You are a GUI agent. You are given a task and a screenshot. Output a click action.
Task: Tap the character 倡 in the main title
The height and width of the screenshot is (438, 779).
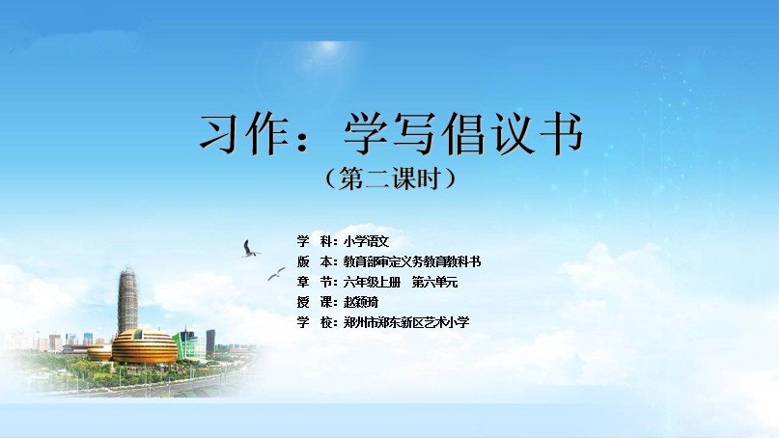464,134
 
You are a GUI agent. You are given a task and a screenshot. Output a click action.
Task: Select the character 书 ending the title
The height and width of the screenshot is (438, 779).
562,133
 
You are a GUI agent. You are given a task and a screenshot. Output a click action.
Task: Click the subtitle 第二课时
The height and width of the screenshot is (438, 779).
391,178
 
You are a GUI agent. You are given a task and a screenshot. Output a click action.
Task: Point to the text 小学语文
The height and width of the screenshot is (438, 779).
366,242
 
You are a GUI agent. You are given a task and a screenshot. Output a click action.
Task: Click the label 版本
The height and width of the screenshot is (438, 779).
315,261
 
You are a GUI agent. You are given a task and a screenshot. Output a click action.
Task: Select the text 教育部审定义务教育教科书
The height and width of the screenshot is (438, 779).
412,261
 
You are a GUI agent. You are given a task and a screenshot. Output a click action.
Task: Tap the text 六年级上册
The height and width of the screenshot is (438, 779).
372,283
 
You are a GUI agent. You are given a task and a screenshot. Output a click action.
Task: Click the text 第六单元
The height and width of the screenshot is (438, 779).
434,283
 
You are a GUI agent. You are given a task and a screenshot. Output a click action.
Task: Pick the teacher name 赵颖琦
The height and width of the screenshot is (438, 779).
361,302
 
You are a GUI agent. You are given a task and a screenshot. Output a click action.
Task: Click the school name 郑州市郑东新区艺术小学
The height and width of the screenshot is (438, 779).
406,323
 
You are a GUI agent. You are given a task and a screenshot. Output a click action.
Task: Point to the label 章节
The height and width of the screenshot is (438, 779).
315,283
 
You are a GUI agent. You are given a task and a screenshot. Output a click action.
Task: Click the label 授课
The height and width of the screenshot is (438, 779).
315,302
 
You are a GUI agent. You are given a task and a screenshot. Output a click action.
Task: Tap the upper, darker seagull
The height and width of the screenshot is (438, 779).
249,249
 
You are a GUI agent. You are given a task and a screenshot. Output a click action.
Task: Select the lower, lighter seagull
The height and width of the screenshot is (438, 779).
276,274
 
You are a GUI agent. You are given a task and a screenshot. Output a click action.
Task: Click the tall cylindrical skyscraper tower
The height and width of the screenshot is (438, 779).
127,301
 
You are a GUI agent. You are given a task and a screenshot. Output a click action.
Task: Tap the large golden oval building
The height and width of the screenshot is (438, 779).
144,346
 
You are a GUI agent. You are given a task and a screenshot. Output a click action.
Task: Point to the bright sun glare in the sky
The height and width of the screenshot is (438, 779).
328,48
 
